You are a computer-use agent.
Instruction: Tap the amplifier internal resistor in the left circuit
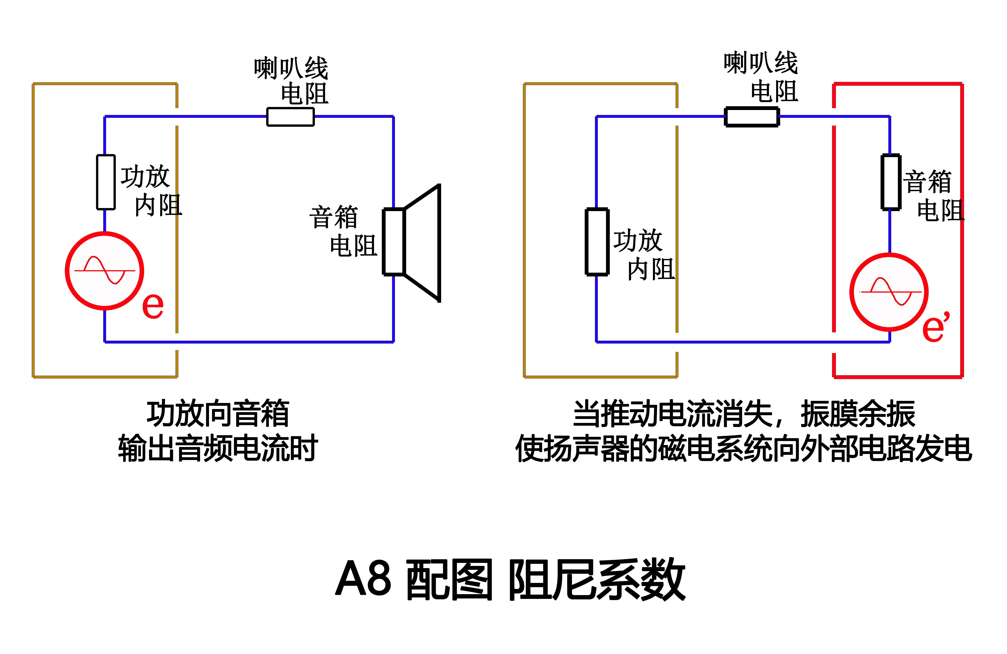(106, 182)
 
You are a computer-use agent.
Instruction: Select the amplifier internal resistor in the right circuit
(597, 241)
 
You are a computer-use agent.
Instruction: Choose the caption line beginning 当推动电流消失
(744, 413)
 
